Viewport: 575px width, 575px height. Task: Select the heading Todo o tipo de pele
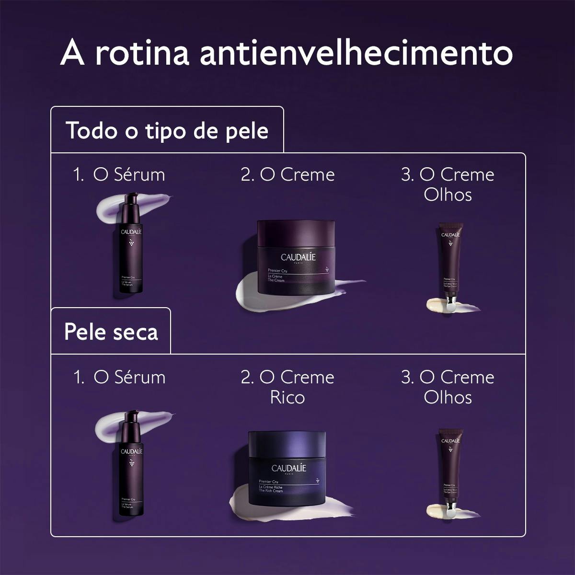click(167, 130)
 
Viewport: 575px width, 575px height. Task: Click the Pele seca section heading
click(111, 332)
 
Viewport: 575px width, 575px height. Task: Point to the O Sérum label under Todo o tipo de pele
click(119, 174)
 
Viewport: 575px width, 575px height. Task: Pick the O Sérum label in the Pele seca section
click(119, 377)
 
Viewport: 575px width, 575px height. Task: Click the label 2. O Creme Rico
click(287, 387)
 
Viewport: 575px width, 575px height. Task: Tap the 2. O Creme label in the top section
click(287, 174)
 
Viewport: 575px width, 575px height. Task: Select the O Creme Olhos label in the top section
click(448, 184)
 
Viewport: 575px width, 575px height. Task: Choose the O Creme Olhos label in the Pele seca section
click(448, 387)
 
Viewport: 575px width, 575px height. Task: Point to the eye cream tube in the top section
click(449, 266)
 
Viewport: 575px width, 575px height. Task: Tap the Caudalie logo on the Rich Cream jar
click(288, 468)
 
